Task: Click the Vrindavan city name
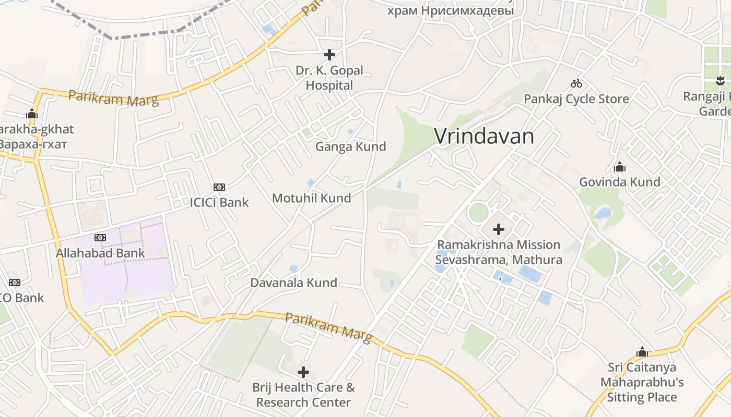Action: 484,137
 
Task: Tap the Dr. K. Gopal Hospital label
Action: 329,78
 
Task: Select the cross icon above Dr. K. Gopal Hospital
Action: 329,54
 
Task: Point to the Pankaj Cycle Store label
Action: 576,99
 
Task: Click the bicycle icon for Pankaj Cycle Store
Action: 576,83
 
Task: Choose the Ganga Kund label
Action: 350,147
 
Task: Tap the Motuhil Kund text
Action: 311,198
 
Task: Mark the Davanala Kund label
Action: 293,283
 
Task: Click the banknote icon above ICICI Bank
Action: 219,187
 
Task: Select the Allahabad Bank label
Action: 100,254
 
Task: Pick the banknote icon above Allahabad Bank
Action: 100,238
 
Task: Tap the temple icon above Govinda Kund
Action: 620,167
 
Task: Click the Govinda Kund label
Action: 620,182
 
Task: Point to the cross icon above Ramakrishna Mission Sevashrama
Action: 499,229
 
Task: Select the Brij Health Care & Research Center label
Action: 303,395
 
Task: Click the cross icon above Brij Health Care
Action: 303,372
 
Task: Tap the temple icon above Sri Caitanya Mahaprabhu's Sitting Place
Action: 642,352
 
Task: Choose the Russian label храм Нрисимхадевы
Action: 451,10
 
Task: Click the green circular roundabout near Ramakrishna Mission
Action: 478,213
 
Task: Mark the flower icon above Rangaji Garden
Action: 721,81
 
